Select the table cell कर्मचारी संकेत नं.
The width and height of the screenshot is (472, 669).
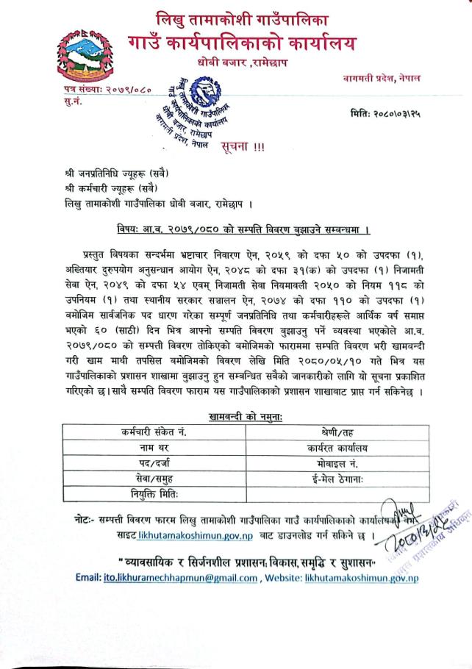tap(154, 432)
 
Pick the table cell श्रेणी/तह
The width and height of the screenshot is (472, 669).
tap(337, 432)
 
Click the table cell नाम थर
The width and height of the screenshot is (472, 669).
tap(154, 447)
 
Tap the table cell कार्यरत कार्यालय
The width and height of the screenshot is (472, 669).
tap(337, 447)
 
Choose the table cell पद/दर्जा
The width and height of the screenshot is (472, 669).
tap(154, 463)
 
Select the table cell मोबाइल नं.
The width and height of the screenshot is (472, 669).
tap(337, 463)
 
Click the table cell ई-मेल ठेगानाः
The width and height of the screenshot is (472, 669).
tap(337, 479)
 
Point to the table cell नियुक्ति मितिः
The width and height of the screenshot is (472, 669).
tap(154, 494)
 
